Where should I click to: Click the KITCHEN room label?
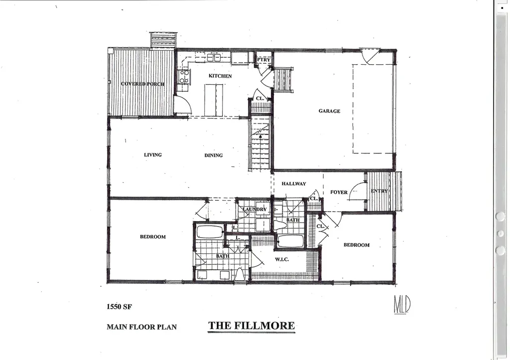tap(220, 76)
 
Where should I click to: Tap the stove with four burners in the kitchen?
tap(184, 77)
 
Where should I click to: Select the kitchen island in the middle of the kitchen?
tap(214, 100)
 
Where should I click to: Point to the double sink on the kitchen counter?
tap(214, 58)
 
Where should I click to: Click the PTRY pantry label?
tap(263, 60)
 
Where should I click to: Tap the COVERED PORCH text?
tap(142, 84)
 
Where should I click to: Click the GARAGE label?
tap(329, 111)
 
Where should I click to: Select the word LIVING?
tap(153, 155)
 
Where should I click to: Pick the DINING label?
tap(214, 155)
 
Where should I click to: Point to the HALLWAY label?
tap(293, 184)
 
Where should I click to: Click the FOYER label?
tap(339, 192)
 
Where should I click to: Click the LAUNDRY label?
tap(255, 210)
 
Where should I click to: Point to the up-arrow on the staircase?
tap(260, 133)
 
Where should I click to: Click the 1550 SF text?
tap(119, 307)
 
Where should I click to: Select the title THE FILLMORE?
tap(252, 326)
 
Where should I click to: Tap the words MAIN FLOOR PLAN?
tap(141, 327)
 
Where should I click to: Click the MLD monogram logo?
tap(402, 304)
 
